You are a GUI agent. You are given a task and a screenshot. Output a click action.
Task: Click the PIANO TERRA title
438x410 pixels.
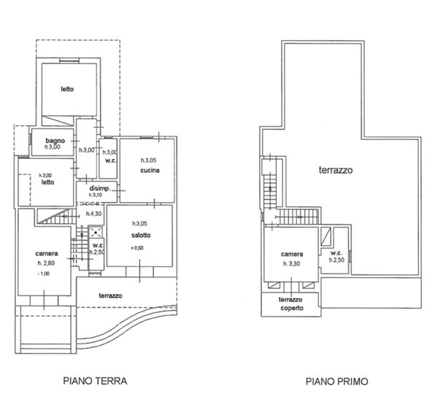click(95, 381)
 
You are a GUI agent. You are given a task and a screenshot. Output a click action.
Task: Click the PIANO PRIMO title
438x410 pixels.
click(337, 382)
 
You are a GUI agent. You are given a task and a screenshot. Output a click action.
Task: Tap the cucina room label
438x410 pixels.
click(150, 170)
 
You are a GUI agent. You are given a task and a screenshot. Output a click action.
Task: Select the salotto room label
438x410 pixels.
click(141, 236)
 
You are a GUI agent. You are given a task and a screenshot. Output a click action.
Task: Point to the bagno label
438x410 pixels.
click(55, 141)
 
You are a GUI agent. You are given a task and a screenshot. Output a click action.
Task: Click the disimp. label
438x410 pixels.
click(100, 188)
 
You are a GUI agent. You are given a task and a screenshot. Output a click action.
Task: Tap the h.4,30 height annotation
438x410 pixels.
click(94, 214)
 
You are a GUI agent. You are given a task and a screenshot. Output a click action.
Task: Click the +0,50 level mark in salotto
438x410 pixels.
click(137, 248)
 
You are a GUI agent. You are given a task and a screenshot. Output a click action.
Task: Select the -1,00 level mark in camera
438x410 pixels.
click(44, 274)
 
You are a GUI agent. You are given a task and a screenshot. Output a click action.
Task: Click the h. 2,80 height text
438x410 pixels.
click(47, 263)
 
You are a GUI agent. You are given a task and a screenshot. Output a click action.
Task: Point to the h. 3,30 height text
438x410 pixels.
click(291, 264)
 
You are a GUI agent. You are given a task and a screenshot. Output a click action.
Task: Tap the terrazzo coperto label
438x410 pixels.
click(291, 303)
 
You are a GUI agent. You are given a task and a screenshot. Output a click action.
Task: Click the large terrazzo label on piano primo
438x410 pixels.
click(336, 170)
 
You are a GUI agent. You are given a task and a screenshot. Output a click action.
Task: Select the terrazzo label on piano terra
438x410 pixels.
click(111, 295)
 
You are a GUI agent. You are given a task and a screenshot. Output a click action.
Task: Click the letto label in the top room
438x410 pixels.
click(67, 89)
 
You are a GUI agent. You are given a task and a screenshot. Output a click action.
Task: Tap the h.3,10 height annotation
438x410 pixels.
click(96, 195)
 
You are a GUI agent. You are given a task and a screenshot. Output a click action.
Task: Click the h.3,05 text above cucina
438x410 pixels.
click(149, 160)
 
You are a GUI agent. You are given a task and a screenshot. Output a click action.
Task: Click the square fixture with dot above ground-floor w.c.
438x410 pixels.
click(96, 232)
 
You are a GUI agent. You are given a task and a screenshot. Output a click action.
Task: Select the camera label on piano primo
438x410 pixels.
click(292, 255)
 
